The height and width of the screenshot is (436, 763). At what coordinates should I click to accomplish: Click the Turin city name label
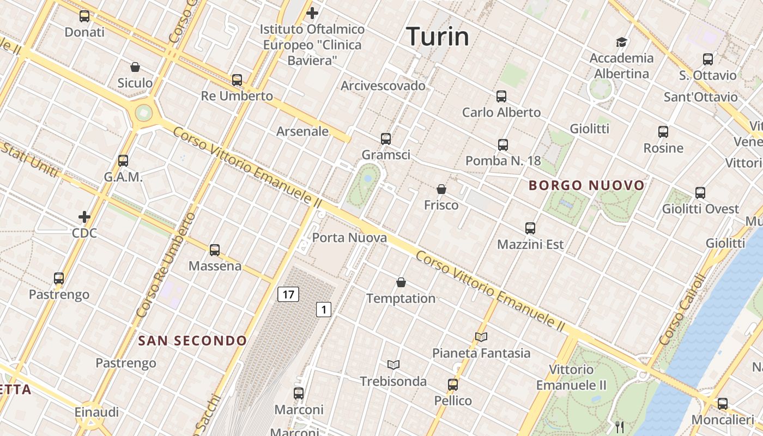[438, 37]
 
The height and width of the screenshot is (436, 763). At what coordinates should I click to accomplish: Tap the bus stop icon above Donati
[84, 16]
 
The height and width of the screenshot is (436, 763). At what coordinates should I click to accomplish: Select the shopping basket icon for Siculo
[135, 67]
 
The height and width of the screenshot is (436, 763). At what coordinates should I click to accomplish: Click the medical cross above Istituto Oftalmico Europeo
[312, 13]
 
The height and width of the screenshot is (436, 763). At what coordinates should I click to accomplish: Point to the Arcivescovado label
[383, 86]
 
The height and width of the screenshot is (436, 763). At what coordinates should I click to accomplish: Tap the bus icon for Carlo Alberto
[501, 96]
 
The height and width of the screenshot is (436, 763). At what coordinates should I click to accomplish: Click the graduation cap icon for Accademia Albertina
[621, 42]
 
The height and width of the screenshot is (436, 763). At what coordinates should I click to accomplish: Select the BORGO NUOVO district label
[586, 185]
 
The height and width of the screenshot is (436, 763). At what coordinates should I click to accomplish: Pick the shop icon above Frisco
[441, 189]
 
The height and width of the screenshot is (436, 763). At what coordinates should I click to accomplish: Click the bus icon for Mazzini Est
[530, 228]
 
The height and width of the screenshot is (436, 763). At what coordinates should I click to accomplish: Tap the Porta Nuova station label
[349, 238]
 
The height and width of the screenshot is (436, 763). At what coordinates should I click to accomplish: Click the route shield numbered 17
[288, 295]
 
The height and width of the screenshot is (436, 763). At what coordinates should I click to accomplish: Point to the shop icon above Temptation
[401, 282]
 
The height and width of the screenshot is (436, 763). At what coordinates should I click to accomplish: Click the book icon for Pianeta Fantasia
[481, 337]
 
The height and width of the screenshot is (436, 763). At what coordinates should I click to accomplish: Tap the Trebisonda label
[393, 381]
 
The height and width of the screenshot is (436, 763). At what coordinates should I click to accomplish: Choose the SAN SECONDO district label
[192, 341]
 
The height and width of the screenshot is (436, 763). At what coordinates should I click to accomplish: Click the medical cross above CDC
[84, 217]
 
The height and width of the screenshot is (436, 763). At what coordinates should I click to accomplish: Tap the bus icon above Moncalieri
[723, 404]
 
